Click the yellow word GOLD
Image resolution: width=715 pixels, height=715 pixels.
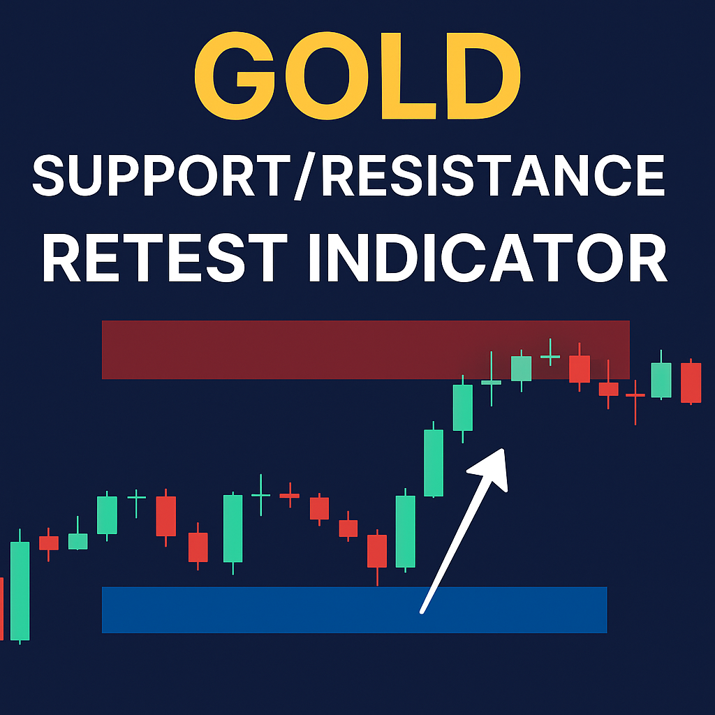pos(357,75)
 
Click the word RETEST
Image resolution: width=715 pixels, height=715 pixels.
pos(165,258)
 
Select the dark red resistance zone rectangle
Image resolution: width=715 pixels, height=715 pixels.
pos(366,350)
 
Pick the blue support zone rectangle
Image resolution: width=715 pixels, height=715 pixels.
pos(354,610)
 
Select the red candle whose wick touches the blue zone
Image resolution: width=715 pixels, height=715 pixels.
pos(377,556)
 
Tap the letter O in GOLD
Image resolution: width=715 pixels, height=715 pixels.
pos(327,75)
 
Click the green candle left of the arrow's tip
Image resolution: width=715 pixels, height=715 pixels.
pos(463,407)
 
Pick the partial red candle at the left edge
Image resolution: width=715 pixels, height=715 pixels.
pos(1,608)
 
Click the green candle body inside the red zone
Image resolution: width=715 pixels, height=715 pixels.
pos(521,369)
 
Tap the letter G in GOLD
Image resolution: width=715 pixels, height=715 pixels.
pos(235,75)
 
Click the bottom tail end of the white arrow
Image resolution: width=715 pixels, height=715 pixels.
pos(422,612)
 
